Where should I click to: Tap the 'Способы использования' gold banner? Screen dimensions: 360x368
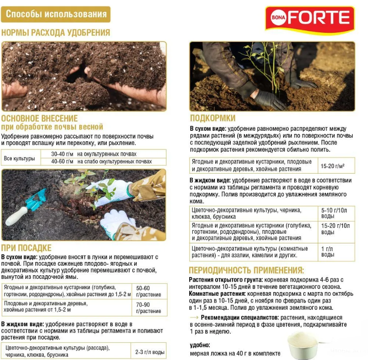point(56,14)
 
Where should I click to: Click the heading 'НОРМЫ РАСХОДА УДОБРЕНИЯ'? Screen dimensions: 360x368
point(56,32)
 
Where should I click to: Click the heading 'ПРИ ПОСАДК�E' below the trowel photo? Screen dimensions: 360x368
point(26,248)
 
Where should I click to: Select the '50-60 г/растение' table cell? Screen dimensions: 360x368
point(149,291)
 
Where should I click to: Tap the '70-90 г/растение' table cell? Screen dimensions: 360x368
point(149,308)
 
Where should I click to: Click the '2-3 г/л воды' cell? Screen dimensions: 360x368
point(150,352)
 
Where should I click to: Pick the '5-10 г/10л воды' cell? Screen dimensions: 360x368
point(335,213)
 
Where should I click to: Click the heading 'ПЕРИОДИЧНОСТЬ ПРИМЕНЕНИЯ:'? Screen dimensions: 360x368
point(246,270)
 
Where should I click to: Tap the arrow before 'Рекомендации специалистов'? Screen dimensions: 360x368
point(194,317)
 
